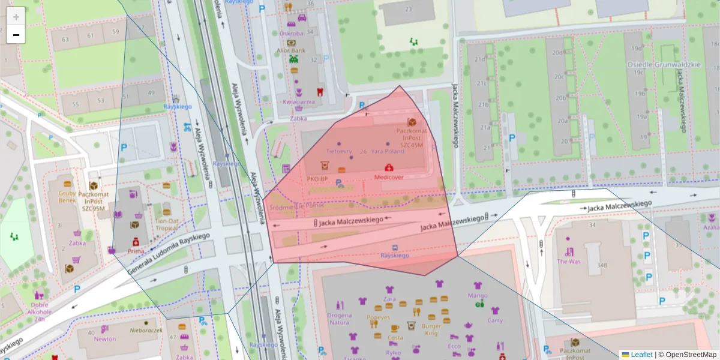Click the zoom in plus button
point(16,16)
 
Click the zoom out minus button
point(16,35)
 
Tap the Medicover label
point(388,178)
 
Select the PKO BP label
point(316,179)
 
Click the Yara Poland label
point(388,151)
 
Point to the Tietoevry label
point(338,151)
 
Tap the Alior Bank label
point(291,50)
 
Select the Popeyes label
point(379,317)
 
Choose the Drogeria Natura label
point(339,319)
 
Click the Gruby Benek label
point(67,197)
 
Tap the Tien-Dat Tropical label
point(167,224)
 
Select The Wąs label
point(568,261)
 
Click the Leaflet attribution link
point(641,355)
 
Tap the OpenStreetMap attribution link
point(691,355)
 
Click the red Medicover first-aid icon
point(389,167)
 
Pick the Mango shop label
point(478,295)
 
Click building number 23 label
point(409,9)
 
